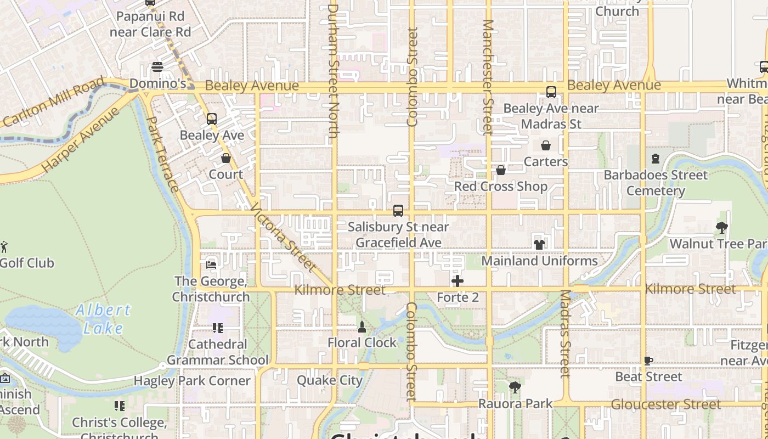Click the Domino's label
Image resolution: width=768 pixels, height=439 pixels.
click(x=157, y=84)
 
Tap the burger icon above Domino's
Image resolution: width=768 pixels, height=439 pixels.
click(x=157, y=67)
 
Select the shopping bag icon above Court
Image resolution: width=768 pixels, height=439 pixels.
click(x=225, y=159)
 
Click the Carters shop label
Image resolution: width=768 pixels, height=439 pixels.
click(x=546, y=161)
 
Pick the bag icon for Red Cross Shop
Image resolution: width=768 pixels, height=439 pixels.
click(x=500, y=171)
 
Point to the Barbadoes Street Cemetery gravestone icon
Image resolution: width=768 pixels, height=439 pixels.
click(x=655, y=159)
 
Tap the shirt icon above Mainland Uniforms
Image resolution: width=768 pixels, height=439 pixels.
click(x=539, y=245)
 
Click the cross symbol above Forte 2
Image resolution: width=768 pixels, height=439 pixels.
click(x=458, y=282)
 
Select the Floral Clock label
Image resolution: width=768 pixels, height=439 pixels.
click(x=362, y=342)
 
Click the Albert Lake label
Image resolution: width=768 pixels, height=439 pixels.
click(x=104, y=319)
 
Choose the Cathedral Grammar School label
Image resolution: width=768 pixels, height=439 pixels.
click(x=218, y=352)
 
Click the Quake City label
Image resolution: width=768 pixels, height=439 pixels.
click(x=330, y=380)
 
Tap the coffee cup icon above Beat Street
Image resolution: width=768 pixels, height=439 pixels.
click(x=648, y=361)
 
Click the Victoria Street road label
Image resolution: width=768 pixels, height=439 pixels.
click(x=283, y=238)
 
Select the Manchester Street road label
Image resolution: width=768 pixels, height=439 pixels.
click(x=488, y=77)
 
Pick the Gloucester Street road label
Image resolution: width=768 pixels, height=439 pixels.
click(x=666, y=404)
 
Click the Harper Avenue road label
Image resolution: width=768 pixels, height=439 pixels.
click(x=81, y=139)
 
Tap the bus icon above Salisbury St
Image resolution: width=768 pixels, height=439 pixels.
click(x=398, y=211)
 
